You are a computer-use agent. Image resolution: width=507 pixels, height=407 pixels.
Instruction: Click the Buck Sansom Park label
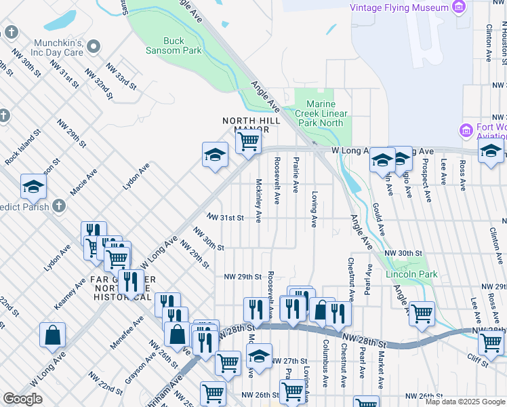(174, 45)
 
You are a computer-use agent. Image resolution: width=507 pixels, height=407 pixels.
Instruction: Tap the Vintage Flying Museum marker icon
(460, 7)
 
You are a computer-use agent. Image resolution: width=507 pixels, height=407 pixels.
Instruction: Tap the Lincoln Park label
(411, 274)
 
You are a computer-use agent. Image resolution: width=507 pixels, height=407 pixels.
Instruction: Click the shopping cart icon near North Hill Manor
(248, 142)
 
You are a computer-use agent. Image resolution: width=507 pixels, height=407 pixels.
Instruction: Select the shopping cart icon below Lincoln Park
(422, 313)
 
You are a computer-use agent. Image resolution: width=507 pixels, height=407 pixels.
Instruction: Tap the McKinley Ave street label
(259, 200)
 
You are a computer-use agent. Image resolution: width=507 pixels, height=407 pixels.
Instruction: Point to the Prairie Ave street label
(296, 175)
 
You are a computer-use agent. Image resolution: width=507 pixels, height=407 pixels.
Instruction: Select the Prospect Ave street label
(426, 180)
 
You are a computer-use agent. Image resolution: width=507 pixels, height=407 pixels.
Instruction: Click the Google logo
(22, 399)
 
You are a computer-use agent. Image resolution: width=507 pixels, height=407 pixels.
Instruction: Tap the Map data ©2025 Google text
(465, 402)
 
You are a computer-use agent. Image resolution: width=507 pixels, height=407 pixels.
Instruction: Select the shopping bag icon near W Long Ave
(52, 334)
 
